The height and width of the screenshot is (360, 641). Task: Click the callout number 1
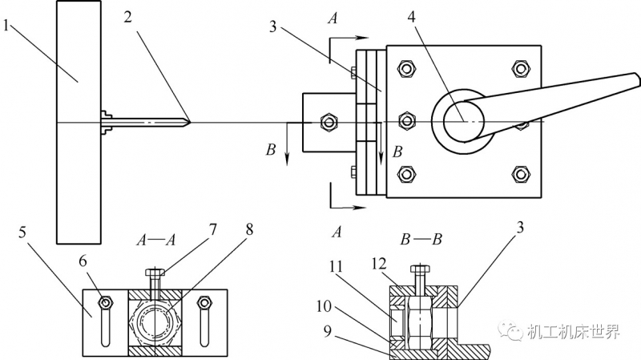point(6,26)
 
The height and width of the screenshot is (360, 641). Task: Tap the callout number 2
point(128,17)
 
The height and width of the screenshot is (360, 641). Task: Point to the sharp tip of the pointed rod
point(190,122)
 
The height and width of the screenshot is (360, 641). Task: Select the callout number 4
point(411,17)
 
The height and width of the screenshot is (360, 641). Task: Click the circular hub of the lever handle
point(462,122)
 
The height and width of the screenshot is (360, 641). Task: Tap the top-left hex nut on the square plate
point(406,68)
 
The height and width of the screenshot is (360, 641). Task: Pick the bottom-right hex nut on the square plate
point(520,175)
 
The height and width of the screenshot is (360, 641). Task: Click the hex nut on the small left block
point(329,123)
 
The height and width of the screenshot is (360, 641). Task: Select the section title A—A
point(155,240)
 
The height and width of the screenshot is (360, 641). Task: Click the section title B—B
point(421,239)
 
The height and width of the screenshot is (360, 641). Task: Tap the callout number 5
point(22,233)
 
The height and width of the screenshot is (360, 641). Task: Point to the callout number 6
point(83,261)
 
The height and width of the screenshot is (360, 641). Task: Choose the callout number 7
point(212,230)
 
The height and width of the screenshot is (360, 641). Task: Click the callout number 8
point(249,229)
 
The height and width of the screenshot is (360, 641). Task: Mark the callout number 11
point(336,268)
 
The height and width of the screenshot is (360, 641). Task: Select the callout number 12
point(378,264)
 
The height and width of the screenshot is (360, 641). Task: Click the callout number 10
point(325,306)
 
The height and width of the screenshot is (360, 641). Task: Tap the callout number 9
point(327,331)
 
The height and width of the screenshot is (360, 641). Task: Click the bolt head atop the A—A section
point(155,272)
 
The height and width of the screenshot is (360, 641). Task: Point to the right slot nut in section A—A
point(204,303)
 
